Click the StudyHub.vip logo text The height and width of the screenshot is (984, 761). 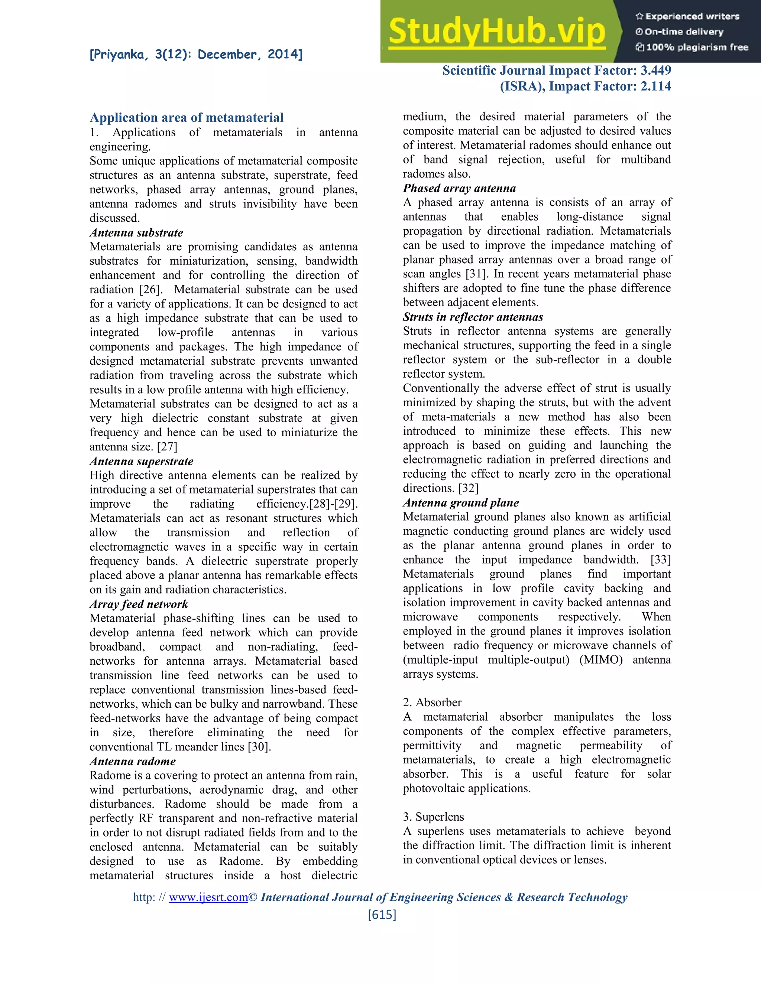coord(496,32)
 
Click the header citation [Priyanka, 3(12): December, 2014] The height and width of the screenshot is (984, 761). coord(196,55)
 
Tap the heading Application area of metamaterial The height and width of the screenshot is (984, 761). coord(187,118)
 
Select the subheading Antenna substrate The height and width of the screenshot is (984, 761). coord(136,232)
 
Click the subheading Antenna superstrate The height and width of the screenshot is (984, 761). coord(141,461)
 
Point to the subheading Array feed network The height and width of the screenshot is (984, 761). coord(138,604)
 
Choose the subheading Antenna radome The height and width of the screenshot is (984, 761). coord(133,761)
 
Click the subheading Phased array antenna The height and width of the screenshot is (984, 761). coord(459,188)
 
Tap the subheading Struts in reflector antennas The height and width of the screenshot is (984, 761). coord(473,317)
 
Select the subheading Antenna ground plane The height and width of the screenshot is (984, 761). coord(460,502)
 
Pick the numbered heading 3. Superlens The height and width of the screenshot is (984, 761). coord(433,817)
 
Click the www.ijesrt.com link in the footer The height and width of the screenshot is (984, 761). coord(208,897)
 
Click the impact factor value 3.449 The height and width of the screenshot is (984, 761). coord(656,70)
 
